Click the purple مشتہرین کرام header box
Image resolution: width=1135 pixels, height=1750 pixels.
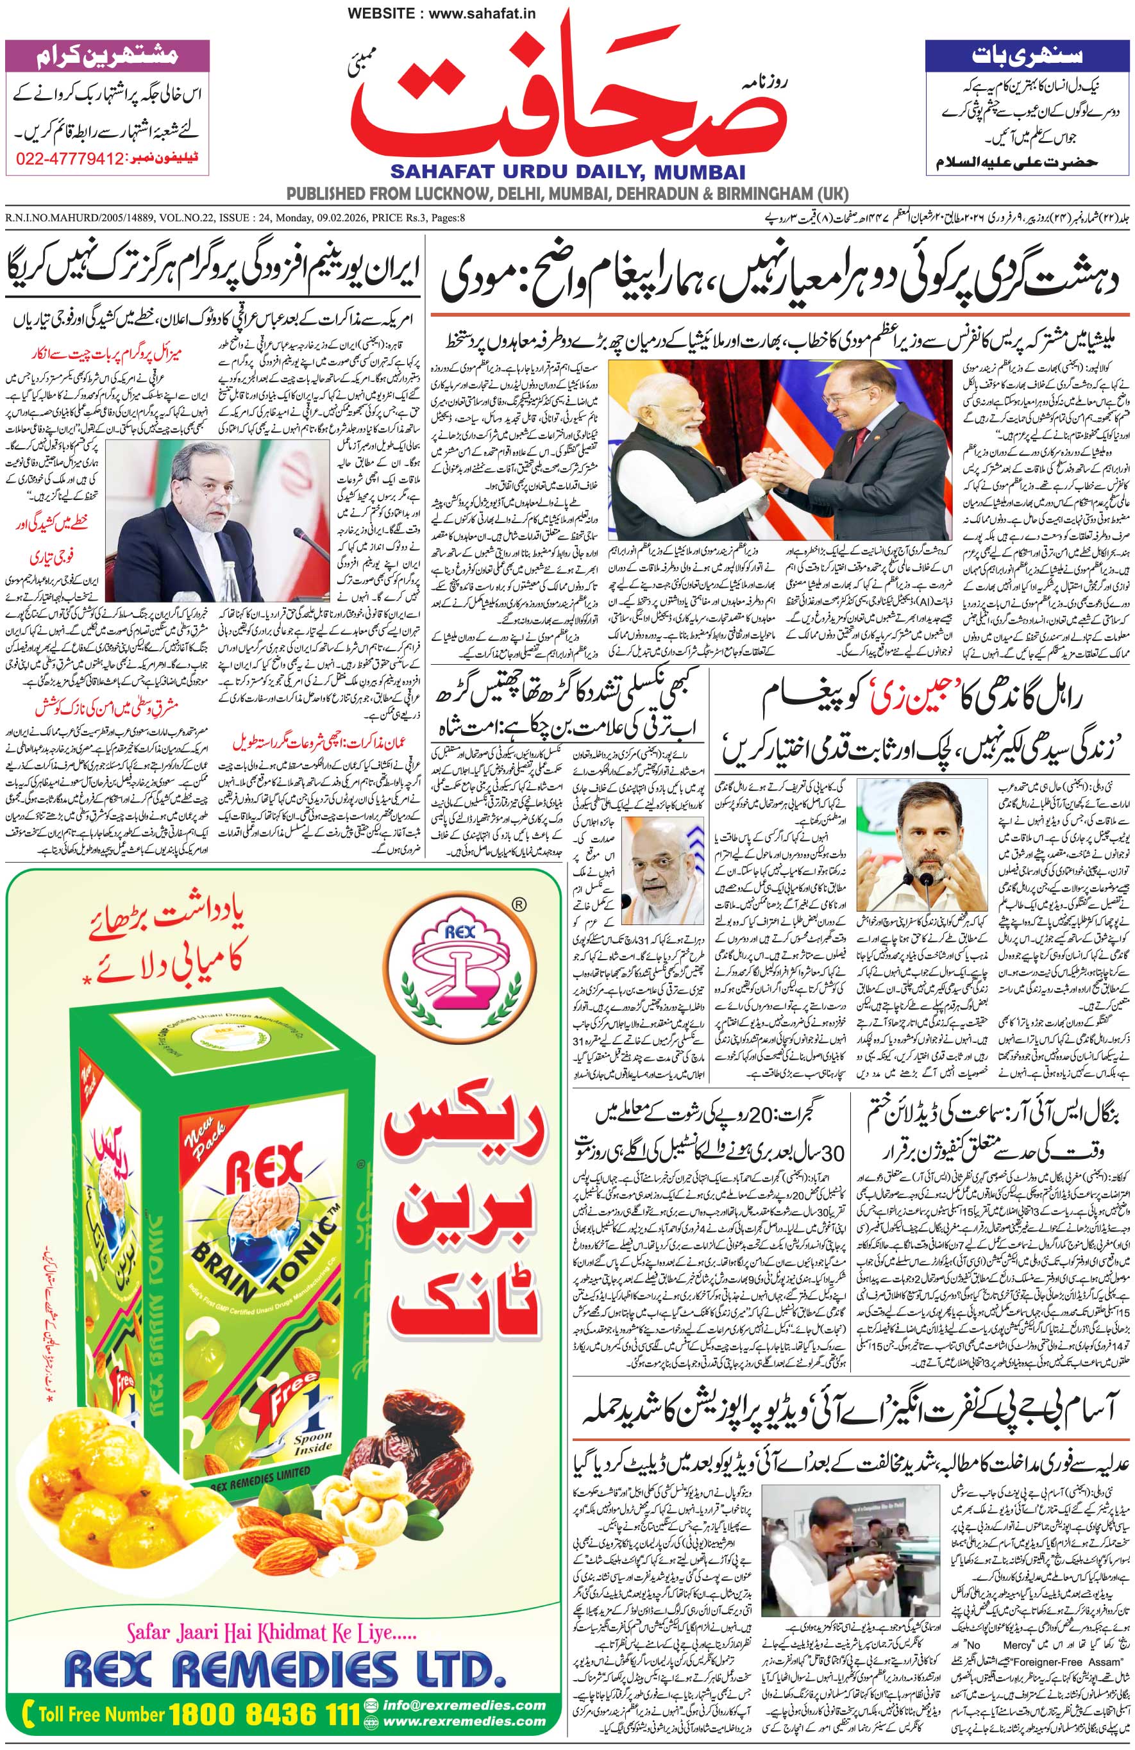click(107, 55)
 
